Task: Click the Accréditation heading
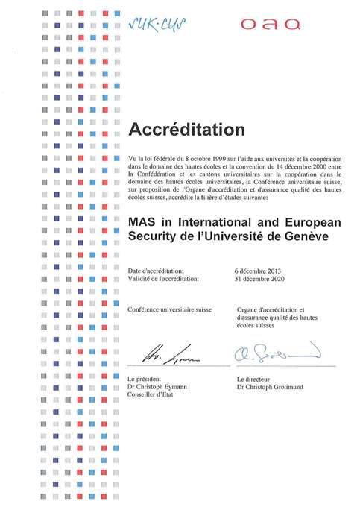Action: coord(186,130)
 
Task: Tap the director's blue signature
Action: coord(276,352)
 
